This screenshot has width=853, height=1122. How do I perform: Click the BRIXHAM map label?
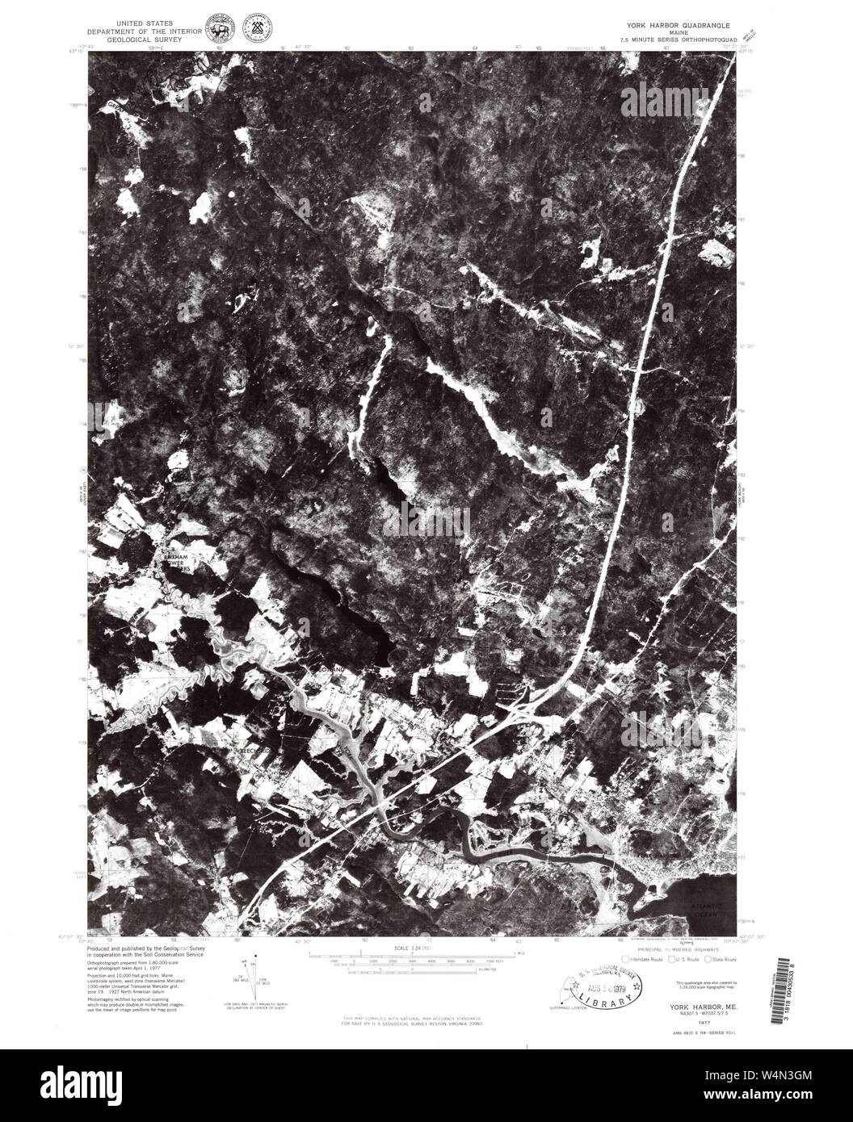[177, 558]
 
